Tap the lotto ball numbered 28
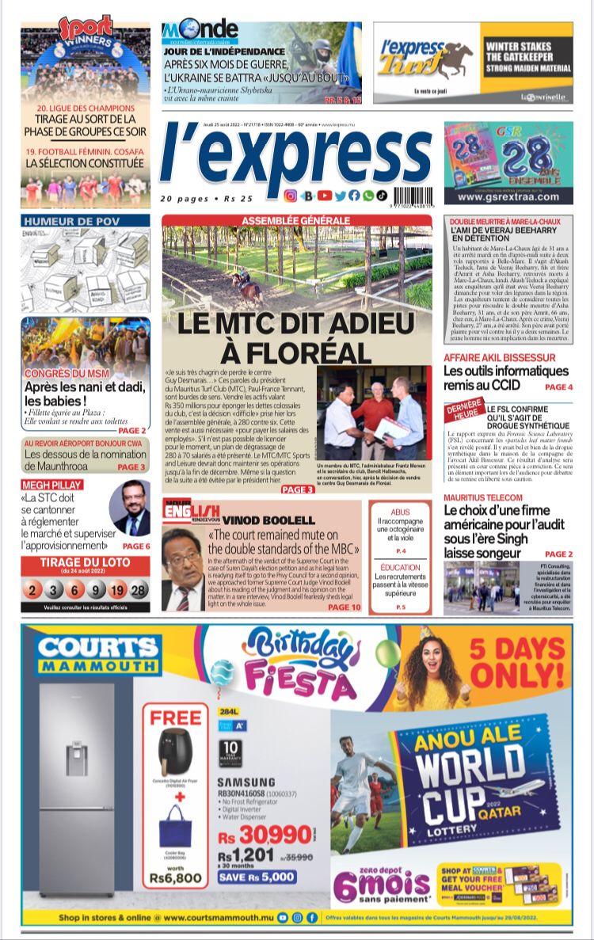(138, 590)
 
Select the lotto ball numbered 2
(32, 590)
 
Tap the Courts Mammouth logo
(98, 654)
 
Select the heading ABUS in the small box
(400, 512)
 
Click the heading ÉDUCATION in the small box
(400, 568)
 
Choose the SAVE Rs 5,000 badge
(257, 877)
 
